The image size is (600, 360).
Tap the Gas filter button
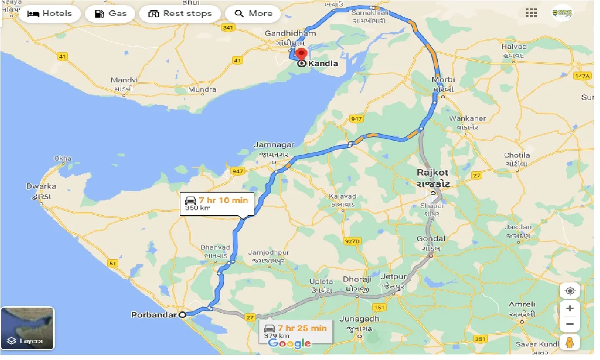[x=111, y=14]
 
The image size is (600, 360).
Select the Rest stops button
[x=180, y=14]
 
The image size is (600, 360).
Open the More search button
[x=253, y=14]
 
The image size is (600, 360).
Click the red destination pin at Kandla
[x=301, y=54]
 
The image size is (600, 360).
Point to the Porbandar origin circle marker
[x=183, y=315]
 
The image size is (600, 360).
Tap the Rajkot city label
[x=433, y=173]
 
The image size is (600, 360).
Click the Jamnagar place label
[x=274, y=145]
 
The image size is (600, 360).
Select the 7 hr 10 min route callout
[x=217, y=204]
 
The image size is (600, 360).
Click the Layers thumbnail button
[x=28, y=328]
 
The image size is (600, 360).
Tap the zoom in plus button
[x=570, y=309]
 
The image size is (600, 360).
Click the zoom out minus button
[x=570, y=324]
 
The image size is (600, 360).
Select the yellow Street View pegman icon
[x=570, y=343]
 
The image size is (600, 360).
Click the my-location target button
[x=570, y=291]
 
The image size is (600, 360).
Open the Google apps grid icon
[x=531, y=13]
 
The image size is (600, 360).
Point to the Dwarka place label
[x=41, y=186]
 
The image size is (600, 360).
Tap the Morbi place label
[x=443, y=79]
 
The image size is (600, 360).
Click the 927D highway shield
[x=352, y=241]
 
